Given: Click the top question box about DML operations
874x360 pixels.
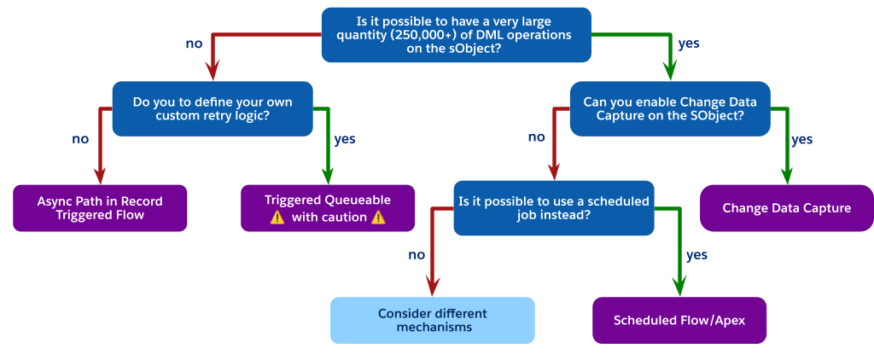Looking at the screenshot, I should (x=456, y=34).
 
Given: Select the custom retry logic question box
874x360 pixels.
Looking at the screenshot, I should (x=213, y=108).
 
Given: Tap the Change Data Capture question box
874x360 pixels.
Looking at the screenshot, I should (x=670, y=108).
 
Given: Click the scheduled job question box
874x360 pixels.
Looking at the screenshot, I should (x=554, y=208).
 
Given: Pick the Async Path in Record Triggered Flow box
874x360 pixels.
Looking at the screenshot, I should (x=100, y=208).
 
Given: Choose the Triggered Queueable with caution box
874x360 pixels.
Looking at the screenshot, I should (x=328, y=208).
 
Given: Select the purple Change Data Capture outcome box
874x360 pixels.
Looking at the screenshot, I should (x=786, y=208).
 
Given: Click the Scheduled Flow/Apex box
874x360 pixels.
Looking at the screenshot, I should (x=679, y=321).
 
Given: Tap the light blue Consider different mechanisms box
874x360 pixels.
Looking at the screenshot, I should (x=433, y=320).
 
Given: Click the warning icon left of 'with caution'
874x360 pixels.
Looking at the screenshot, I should (x=277, y=218).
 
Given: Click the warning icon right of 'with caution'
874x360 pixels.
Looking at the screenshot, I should (x=378, y=218).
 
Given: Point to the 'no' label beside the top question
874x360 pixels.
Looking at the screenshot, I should (x=195, y=42).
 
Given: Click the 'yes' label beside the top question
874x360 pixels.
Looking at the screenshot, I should (x=688, y=42).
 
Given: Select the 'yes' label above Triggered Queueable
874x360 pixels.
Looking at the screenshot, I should (x=345, y=139).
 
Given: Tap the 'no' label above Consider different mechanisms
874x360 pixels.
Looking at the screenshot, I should (x=417, y=254).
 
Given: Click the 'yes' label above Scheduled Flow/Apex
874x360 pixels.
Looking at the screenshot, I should (x=697, y=254).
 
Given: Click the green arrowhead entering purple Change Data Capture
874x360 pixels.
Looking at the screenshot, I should (x=785, y=175).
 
